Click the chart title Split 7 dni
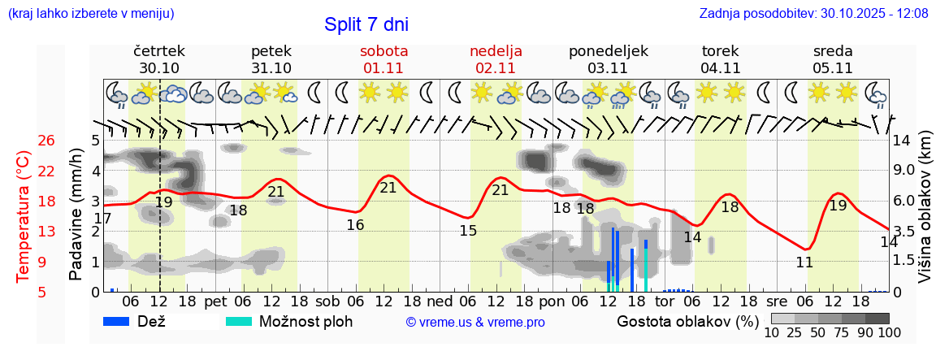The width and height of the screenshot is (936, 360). click(366, 24)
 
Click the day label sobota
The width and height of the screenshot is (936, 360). click(383, 51)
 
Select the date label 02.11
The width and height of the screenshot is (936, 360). click(496, 68)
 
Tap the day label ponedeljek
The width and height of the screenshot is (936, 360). click(609, 51)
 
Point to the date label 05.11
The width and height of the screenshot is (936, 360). click(833, 68)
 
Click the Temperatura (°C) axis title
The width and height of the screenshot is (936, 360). click(24, 216)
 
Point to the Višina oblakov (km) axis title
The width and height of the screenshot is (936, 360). click(925, 216)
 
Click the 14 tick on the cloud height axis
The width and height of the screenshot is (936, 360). click(902, 141)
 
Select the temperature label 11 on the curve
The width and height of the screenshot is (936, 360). click(804, 262)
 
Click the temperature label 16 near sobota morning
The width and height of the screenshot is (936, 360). click(355, 225)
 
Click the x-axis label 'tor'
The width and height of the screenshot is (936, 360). click(665, 301)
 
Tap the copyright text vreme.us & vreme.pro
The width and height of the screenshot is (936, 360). click(475, 322)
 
